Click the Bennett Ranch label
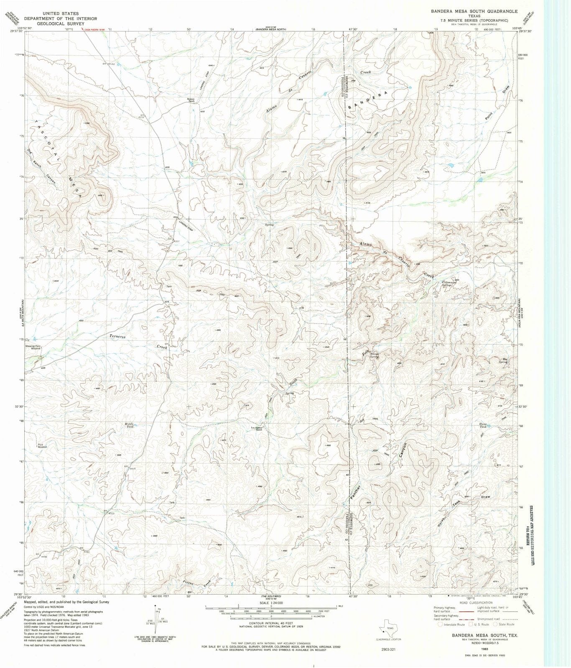190,100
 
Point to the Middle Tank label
130,425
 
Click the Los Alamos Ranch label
256,428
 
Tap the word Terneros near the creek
117,336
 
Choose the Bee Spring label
504,361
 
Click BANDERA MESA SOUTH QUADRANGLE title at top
474,12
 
